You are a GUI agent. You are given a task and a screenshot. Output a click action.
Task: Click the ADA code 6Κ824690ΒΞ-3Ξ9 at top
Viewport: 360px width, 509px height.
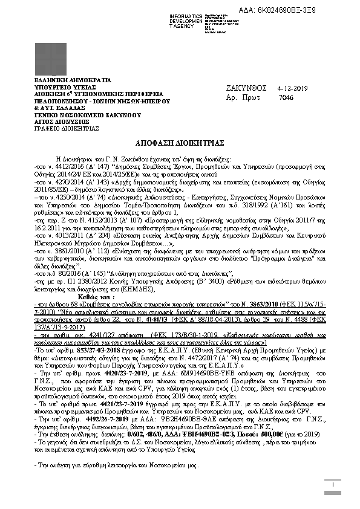305,11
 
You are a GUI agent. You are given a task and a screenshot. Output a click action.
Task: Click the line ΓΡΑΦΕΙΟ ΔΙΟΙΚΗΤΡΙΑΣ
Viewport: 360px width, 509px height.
58,128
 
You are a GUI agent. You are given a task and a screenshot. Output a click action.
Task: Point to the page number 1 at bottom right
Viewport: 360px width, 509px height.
333,484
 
